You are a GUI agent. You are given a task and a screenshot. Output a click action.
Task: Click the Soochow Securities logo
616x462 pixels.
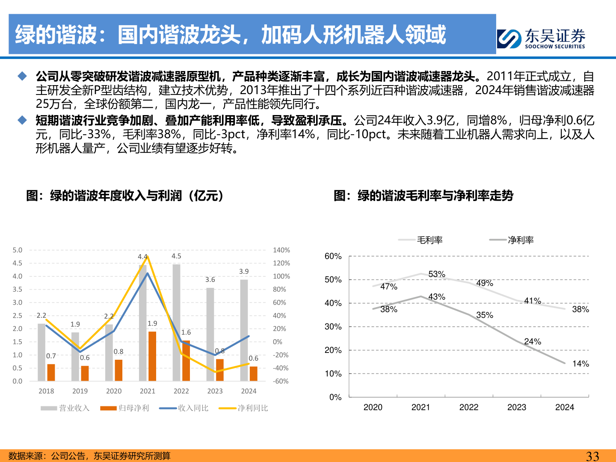541,38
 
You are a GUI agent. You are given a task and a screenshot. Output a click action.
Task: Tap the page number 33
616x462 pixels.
592,456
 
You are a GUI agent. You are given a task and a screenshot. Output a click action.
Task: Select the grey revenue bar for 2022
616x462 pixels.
176,323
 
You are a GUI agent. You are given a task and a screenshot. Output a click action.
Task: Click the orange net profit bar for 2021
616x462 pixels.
152,356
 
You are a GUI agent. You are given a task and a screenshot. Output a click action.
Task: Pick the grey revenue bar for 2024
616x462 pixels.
244,330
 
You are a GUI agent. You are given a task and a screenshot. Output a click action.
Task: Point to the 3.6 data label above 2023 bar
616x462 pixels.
210,280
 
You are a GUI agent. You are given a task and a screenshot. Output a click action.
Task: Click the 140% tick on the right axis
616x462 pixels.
281,250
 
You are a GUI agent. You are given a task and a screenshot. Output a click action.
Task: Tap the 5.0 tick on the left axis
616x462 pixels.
18,250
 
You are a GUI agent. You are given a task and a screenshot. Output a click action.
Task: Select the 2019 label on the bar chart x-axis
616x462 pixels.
80,391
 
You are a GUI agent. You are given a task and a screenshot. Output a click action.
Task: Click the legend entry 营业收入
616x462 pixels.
65,408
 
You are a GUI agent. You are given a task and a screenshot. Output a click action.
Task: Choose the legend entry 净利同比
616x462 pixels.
243,408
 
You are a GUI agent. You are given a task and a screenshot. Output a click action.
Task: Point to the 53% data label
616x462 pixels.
437,274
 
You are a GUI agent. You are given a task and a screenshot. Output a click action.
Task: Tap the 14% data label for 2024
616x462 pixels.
580,364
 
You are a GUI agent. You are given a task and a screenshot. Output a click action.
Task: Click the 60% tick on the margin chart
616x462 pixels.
333,256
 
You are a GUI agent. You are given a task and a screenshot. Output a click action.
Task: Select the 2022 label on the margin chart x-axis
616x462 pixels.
469,407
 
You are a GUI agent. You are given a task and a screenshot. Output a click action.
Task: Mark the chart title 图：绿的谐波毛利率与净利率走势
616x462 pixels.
423,195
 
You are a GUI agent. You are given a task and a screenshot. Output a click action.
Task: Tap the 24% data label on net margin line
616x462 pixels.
533,341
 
